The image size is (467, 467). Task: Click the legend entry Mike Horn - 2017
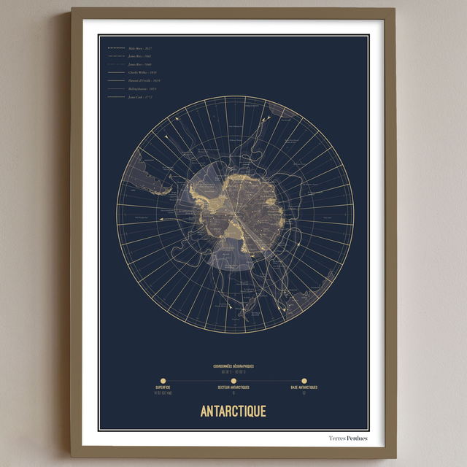click(139, 47)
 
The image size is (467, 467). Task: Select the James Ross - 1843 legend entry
click(139, 55)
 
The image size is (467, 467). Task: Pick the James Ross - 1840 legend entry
click(139, 64)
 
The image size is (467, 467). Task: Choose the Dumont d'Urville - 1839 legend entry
click(144, 80)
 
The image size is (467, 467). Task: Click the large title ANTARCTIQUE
click(233, 411)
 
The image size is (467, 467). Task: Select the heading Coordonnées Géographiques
click(233, 366)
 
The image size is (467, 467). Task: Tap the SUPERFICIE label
click(162, 387)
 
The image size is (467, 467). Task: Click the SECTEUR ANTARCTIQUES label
click(233, 387)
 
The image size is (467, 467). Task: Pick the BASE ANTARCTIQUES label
click(304, 387)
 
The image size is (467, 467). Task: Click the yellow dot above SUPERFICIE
click(162, 379)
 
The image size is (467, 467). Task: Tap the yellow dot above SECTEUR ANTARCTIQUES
click(233, 379)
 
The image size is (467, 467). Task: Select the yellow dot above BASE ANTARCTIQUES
click(304, 379)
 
